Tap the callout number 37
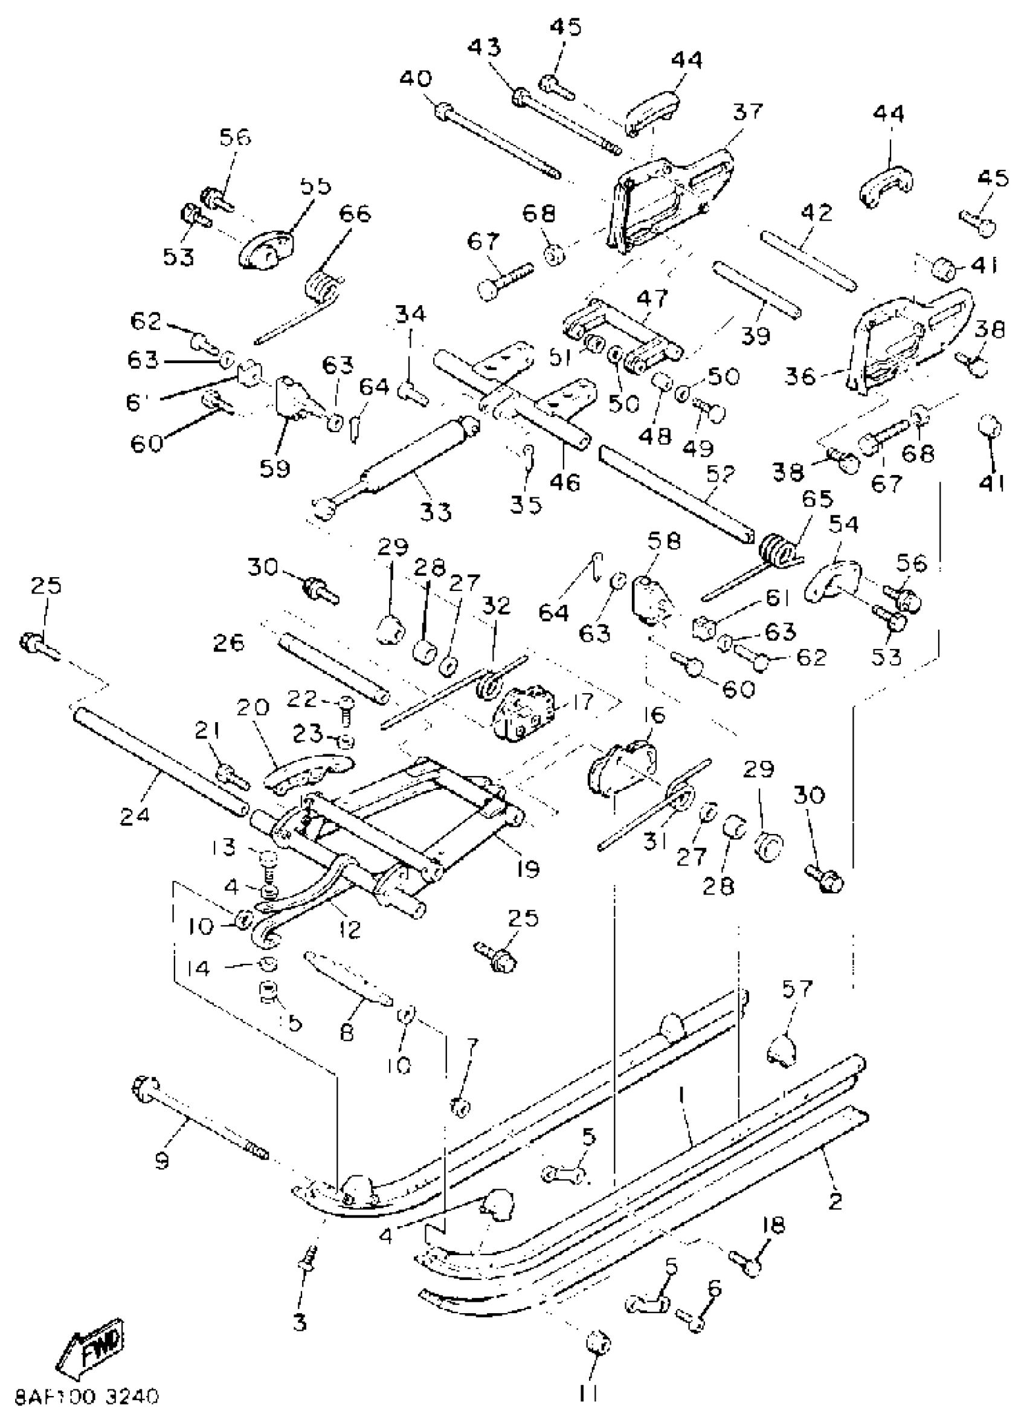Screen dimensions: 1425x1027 747,112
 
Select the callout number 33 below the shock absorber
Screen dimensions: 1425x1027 436,511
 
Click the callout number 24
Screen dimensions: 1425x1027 136,815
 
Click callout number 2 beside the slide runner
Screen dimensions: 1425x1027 835,1201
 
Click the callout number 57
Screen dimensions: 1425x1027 796,988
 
